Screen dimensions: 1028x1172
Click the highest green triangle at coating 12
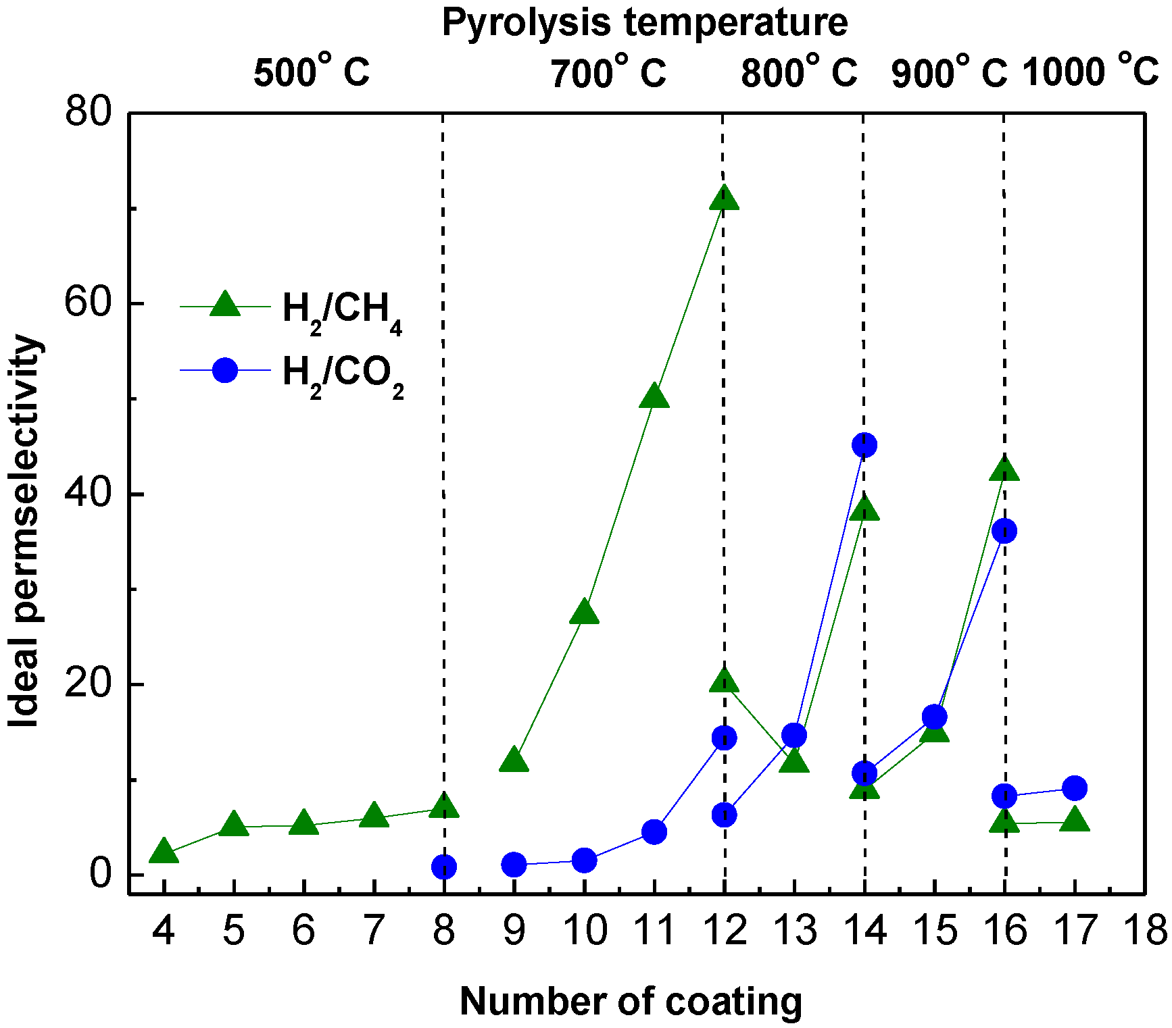(x=724, y=198)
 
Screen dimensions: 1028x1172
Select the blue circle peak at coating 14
(x=864, y=445)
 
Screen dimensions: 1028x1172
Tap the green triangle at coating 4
(x=164, y=852)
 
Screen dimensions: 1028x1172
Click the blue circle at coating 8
(x=444, y=867)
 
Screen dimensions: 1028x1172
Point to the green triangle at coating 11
(x=654, y=396)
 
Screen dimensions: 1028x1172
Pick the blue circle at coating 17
(x=1075, y=788)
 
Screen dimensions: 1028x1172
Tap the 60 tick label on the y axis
(x=87, y=304)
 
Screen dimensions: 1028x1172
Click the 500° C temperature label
(x=312, y=72)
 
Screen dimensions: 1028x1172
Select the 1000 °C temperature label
(x=1090, y=71)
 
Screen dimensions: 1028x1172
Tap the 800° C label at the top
(x=799, y=72)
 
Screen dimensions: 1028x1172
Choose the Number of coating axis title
(x=631, y=1001)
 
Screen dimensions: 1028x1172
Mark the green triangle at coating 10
(x=584, y=612)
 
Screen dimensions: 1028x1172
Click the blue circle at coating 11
(x=654, y=832)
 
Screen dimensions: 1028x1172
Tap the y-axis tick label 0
(x=100, y=875)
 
